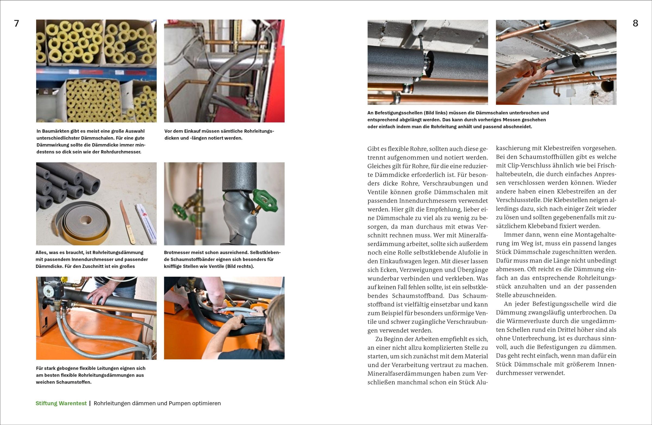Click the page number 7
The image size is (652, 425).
(17, 24)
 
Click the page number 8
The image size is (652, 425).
(635, 24)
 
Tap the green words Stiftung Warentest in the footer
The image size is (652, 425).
(61, 403)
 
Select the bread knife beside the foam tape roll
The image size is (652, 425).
(128, 222)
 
